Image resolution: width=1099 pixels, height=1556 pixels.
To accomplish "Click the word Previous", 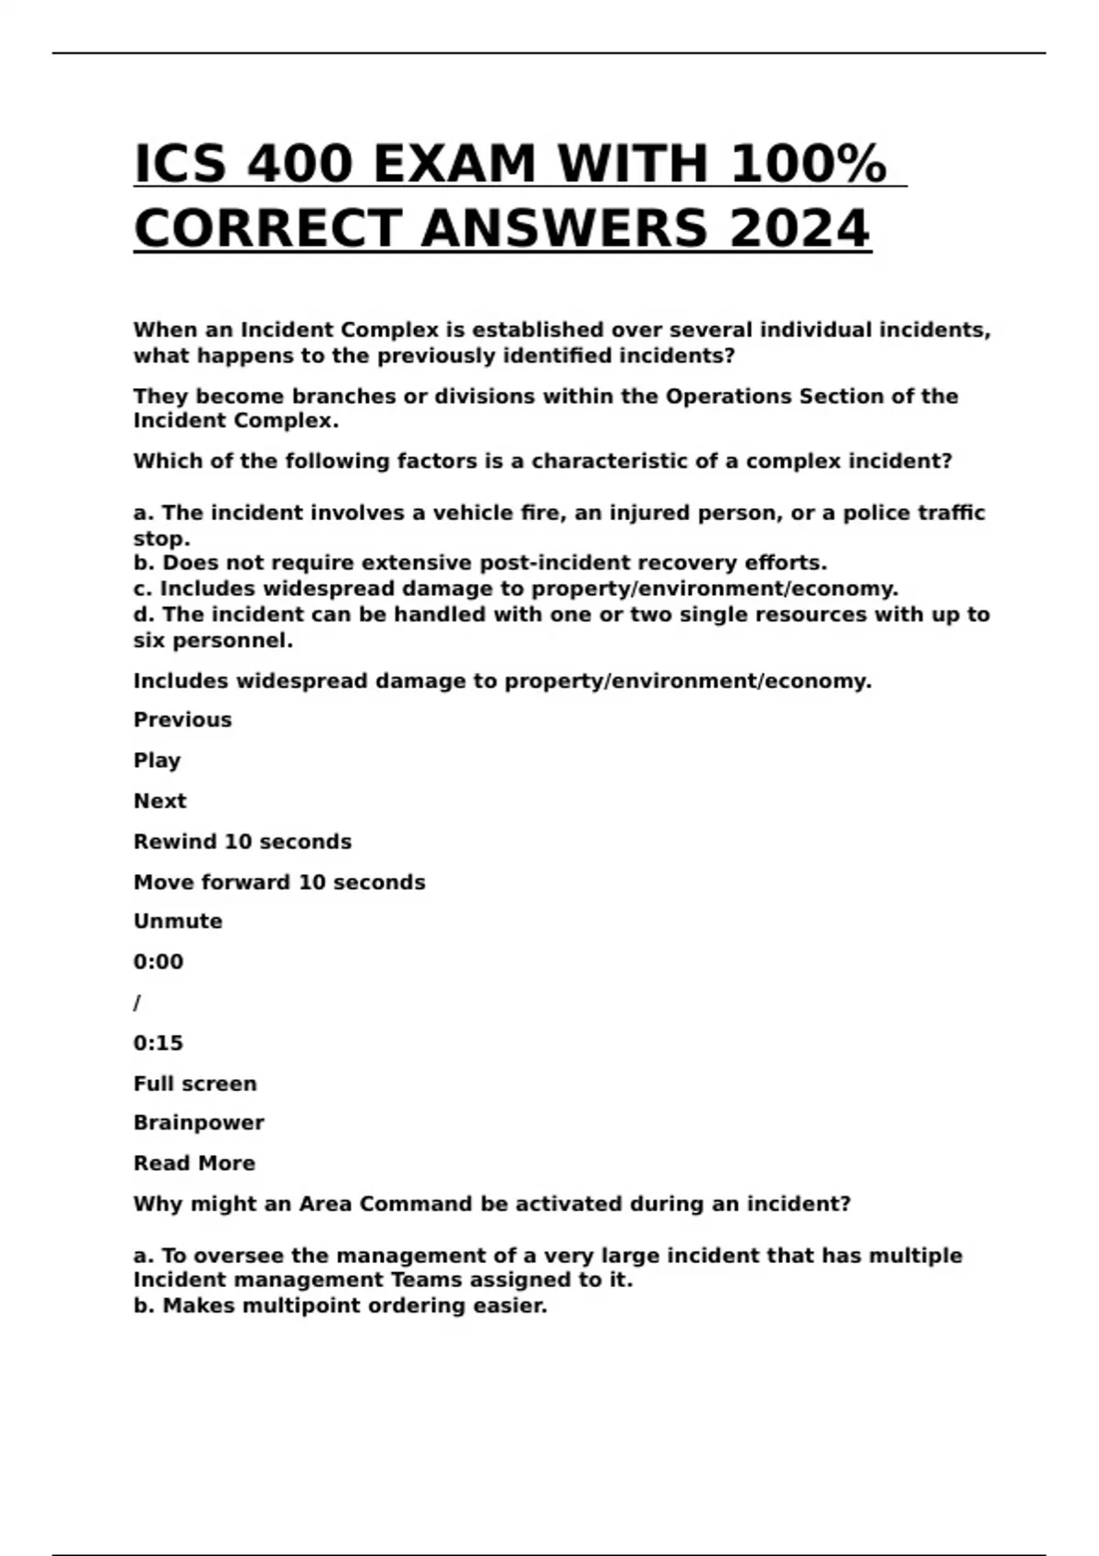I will [x=182, y=720].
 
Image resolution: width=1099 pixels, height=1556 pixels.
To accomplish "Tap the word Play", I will [x=157, y=761].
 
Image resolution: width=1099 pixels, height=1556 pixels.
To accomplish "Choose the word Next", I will [x=159, y=801].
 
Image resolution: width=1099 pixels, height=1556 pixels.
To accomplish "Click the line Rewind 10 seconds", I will [x=242, y=842].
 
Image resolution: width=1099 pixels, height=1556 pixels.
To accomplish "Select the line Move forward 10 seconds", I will [x=278, y=882].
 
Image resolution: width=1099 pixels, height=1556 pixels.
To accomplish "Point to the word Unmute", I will [x=178, y=922].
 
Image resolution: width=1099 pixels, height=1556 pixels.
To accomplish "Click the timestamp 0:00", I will [x=158, y=962].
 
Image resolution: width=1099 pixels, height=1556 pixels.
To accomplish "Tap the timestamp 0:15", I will [x=158, y=1043].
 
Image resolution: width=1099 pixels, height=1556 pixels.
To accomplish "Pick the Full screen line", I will [x=195, y=1084].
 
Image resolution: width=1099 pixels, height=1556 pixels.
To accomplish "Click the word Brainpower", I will [x=199, y=1123].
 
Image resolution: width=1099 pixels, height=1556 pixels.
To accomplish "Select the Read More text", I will [x=194, y=1163].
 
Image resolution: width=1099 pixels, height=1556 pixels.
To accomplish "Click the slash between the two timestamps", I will [x=137, y=1003].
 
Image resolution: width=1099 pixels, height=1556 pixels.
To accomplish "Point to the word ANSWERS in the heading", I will [x=564, y=229].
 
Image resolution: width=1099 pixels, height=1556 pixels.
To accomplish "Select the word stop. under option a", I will [x=161, y=538].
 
